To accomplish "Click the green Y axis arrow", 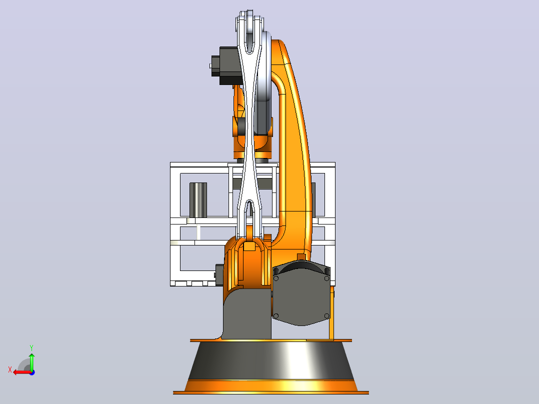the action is [31, 361].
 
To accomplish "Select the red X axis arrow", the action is [22, 372].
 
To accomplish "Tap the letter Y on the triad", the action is [31, 348].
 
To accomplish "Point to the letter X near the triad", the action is [10, 369].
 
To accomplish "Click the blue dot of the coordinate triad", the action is [32, 372].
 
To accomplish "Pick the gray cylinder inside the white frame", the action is [198, 200].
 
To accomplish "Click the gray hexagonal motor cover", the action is [301, 295].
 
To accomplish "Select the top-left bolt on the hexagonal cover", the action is [276, 278].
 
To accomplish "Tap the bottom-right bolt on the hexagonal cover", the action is [326, 316].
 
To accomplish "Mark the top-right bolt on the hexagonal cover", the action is [326, 278].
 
